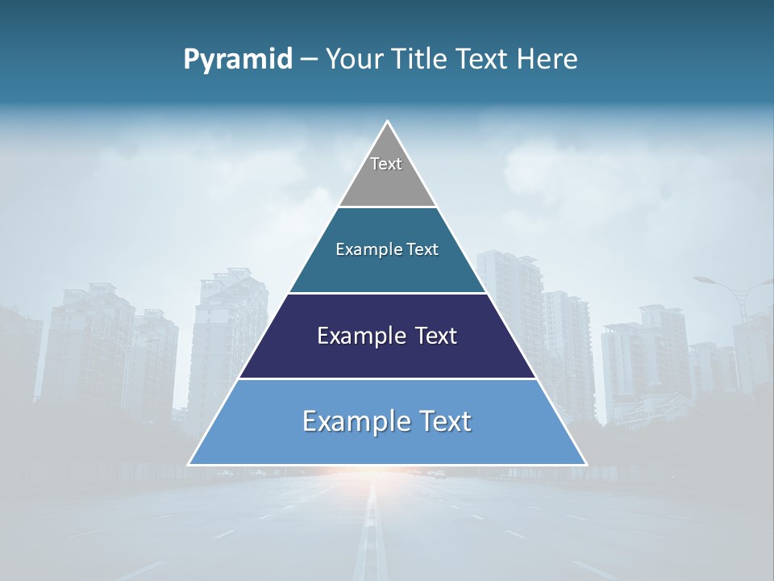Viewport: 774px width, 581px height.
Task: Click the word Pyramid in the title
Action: pyautogui.click(x=238, y=60)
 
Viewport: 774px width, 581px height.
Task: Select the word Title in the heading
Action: pyautogui.click(x=421, y=60)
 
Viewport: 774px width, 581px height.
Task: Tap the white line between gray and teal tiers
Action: pyautogui.click(x=387, y=207)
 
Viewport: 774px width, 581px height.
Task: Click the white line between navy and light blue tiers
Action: pyautogui.click(x=387, y=378)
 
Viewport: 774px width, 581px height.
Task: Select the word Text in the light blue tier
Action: pyautogui.click(x=446, y=421)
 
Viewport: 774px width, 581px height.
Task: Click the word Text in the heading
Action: pyautogui.click(x=482, y=60)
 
